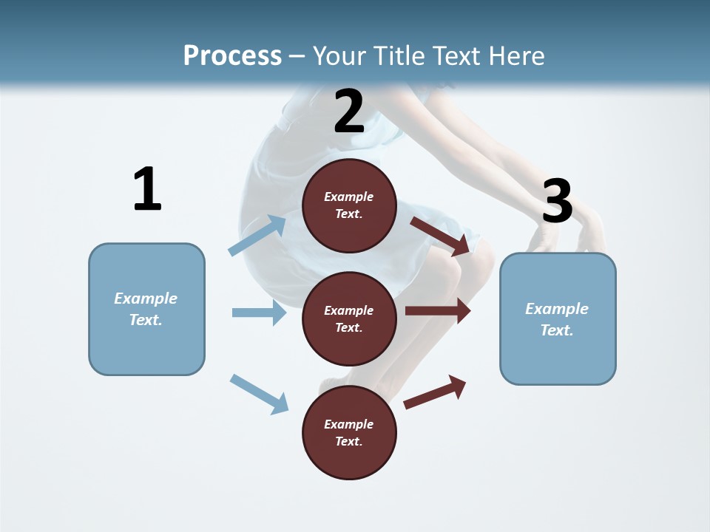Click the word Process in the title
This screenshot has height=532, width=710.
232,55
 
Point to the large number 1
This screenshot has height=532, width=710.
147,189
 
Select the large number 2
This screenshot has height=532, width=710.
349,112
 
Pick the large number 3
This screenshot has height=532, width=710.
557,201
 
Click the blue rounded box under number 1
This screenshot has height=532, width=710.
146,309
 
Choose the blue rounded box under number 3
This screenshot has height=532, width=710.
558,318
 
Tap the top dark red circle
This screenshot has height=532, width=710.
349,205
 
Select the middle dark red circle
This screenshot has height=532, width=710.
349,318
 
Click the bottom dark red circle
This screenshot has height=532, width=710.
349,432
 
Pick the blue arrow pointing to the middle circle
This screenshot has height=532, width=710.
259,313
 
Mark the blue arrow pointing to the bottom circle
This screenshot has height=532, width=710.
259,394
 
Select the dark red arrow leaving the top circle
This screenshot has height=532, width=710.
440,236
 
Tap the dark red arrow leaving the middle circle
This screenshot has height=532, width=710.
438,311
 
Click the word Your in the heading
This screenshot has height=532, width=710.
337,55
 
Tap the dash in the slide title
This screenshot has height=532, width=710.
297,56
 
